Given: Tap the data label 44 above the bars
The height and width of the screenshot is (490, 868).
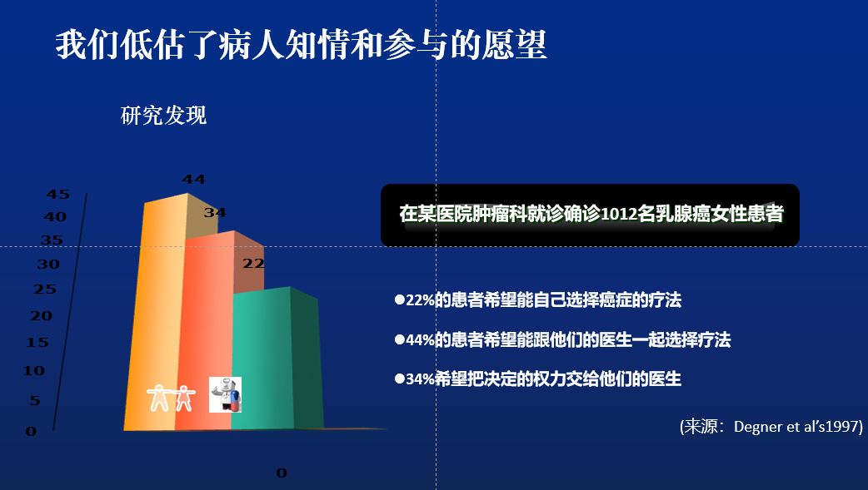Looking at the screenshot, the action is tap(194, 179).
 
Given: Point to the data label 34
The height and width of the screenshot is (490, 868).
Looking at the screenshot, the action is tap(215, 212).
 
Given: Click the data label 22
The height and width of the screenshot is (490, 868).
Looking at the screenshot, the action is tap(253, 263).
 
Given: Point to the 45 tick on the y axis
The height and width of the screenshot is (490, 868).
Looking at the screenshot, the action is tap(58, 194).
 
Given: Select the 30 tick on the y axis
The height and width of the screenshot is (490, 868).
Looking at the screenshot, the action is tap(48, 265).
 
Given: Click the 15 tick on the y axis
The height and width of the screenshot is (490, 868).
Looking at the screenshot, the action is tap(37, 343).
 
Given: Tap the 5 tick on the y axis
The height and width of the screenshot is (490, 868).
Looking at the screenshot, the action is tap(35, 400).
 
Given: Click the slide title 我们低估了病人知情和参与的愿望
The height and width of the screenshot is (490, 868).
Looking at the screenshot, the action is tap(302, 45).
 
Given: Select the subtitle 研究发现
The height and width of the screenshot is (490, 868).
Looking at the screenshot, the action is tap(164, 116).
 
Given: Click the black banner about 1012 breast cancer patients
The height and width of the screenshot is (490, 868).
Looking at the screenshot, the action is tap(590, 215).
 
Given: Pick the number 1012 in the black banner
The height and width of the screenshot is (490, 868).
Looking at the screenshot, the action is tap(619, 214).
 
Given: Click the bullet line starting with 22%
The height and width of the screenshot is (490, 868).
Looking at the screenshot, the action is tap(538, 299).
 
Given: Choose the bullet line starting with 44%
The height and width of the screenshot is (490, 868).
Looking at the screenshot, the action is tap(562, 339).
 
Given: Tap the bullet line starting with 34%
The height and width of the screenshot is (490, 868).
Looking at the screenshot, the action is tap(538, 379).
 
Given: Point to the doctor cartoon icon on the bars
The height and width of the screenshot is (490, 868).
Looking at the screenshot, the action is tap(225, 395).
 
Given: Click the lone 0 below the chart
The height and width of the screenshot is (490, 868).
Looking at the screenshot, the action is tap(282, 473).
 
